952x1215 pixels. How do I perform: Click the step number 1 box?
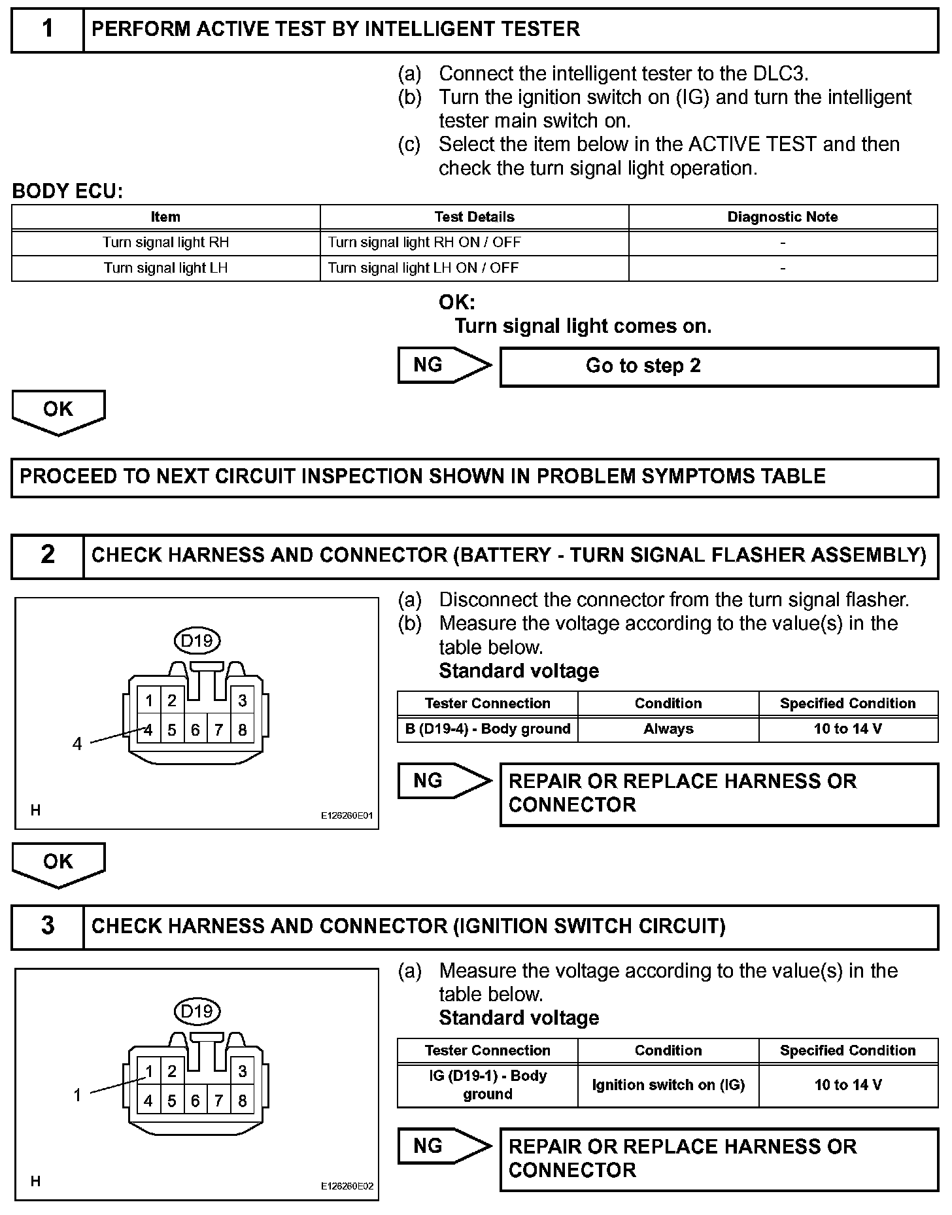[48, 29]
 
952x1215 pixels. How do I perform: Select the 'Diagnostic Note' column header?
[782, 217]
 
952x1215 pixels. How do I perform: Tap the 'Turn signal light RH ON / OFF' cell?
[424, 243]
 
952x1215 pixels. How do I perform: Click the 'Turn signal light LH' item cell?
[165, 268]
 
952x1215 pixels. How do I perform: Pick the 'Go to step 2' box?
[719, 366]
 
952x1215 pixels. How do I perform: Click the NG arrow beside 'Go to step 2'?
[443, 365]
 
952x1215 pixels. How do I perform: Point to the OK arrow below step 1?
[58, 411]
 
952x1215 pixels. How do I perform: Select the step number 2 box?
[48, 555]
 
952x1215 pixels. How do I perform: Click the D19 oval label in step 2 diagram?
[197, 641]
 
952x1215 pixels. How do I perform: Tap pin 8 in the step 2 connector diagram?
[243, 730]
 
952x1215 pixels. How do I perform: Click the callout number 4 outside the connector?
[77, 744]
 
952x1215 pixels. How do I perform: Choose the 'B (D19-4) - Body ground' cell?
[488, 729]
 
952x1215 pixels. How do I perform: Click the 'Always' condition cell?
[668, 729]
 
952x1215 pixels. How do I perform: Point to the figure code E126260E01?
[347, 815]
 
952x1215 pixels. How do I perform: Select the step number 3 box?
[48, 926]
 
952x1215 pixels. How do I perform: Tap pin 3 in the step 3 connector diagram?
[243, 1071]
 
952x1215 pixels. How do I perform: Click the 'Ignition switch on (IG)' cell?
[668, 1085]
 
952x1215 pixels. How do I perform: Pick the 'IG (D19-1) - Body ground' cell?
[488, 1085]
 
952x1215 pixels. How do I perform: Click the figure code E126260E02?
[347, 1186]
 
